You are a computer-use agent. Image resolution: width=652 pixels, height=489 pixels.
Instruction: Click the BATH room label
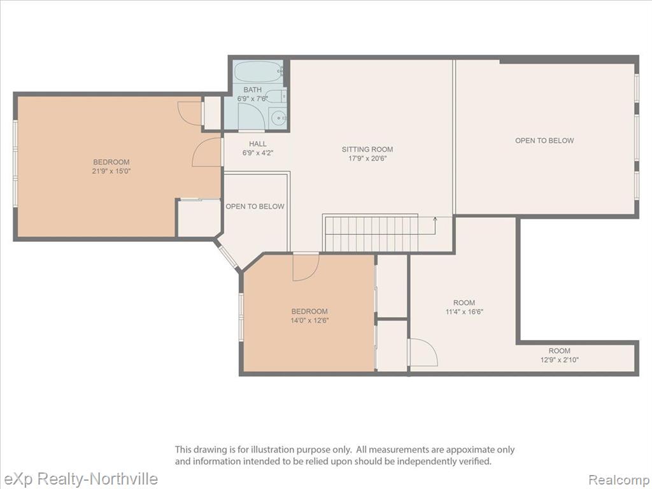coord(252,89)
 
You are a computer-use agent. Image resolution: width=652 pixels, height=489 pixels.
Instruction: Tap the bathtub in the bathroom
coord(258,72)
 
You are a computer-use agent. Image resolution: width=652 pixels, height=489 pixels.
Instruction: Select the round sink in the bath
coord(277,118)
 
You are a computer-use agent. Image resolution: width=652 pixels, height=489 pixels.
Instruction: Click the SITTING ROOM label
coord(367,149)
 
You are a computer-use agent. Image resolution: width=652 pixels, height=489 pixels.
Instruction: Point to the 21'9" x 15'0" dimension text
coord(111,171)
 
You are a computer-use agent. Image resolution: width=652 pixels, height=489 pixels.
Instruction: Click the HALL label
coord(258,144)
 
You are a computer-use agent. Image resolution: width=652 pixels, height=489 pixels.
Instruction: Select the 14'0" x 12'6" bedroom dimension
coord(310,320)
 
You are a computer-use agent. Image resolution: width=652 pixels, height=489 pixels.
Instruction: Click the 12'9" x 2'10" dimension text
coord(559,360)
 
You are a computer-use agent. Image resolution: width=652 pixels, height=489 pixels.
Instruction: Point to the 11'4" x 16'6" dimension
coord(464,311)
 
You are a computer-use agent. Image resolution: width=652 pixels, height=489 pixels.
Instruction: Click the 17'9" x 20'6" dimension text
coord(367,158)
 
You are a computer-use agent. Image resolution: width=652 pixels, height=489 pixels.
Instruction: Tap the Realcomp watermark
coord(619,479)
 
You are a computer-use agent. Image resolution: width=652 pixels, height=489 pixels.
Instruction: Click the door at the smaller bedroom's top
coord(306,267)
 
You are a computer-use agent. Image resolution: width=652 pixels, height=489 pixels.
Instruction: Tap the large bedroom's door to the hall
coord(207,152)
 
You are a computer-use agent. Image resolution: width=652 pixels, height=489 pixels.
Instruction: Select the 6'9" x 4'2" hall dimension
coord(258,153)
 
